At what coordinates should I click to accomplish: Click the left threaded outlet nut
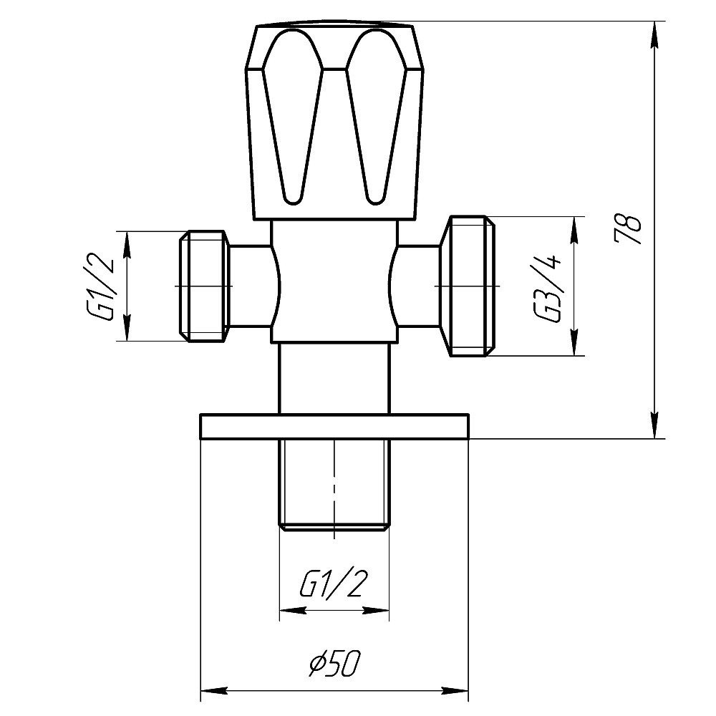point(205,286)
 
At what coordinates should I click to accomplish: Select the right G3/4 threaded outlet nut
point(469,286)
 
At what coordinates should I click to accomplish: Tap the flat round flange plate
point(334,426)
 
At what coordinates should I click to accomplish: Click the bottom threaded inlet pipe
point(334,483)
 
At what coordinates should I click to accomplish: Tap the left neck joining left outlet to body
point(252,286)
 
